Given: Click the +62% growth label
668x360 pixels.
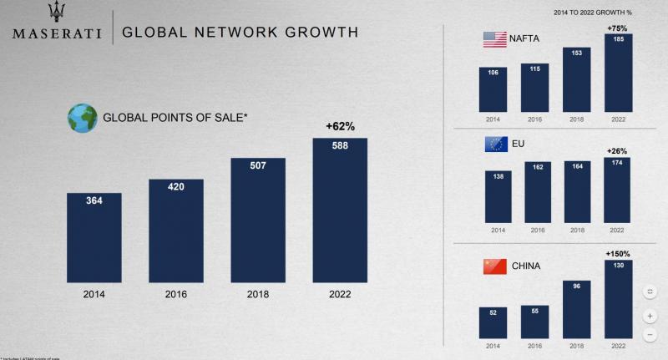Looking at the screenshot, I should point(340,127).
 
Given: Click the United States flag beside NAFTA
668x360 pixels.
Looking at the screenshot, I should point(495,38).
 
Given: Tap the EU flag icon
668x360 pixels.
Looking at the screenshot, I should point(495,145).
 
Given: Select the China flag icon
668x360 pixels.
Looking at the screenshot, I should point(495,266).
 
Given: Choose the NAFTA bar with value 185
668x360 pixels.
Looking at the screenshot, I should point(619,74).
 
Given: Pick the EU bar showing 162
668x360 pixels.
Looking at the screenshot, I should point(539,192).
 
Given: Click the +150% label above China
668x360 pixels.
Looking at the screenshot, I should point(618,253).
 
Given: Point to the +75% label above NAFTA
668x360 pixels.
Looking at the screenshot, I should point(618,28).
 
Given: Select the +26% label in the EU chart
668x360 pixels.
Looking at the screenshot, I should point(617,151).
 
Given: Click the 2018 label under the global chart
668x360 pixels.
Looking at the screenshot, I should point(257,293).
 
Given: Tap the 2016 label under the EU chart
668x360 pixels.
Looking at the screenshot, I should point(539,230).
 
